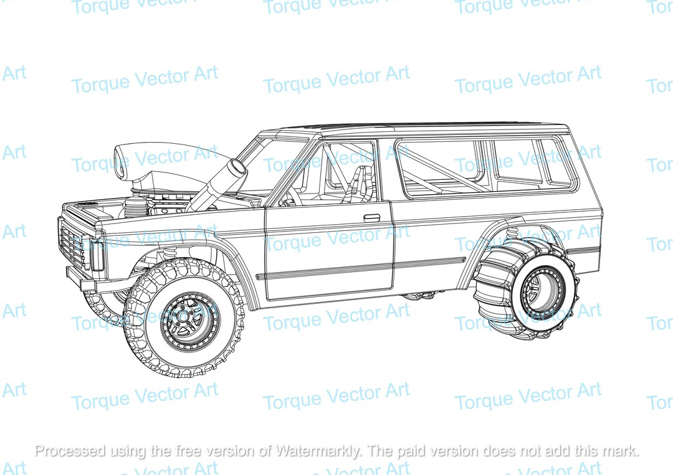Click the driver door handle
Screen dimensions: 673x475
371,218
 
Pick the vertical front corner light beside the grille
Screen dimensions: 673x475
97,255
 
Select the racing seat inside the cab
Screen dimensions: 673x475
359,185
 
